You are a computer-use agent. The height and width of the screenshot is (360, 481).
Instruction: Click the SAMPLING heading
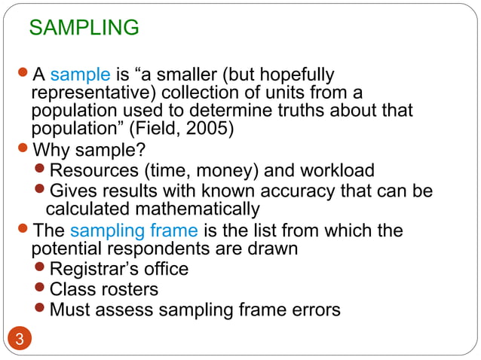[x=84, y=28]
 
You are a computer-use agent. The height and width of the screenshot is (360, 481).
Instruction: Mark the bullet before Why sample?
[x=23, y=148]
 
